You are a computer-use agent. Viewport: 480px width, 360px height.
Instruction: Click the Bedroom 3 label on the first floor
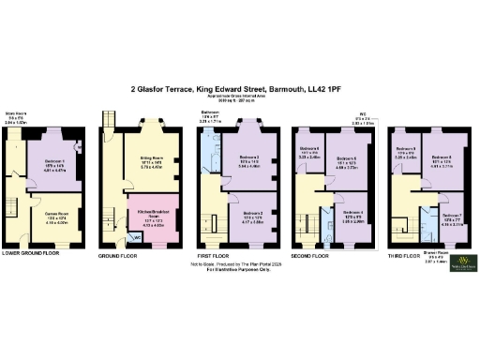[249, 158]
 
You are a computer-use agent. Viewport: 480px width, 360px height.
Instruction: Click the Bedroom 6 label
[310, 149]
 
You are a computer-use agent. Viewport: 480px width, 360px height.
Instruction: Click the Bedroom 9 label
[405, 149]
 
